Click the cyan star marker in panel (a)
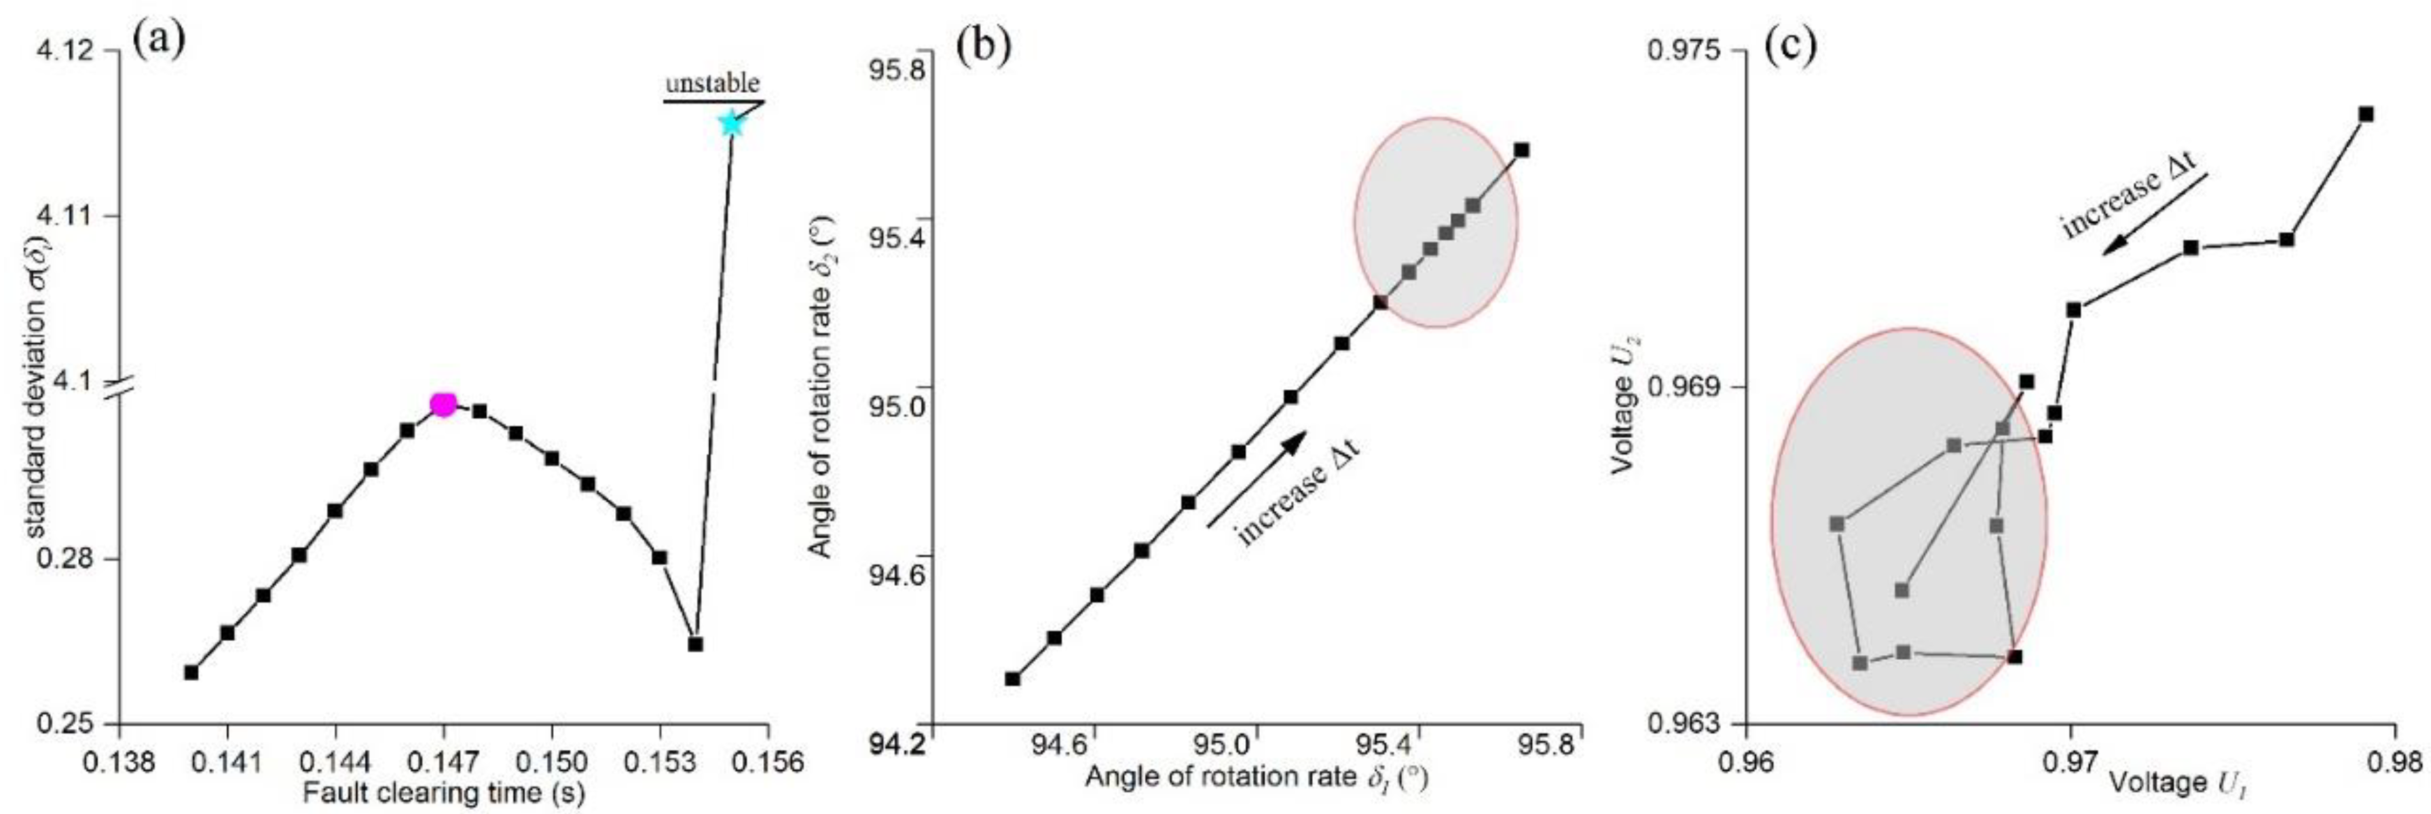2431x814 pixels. coord(730,123)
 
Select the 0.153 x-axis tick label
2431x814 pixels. coord(660,760)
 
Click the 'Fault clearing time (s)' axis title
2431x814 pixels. coord(444,792)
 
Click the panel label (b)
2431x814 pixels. coord(981,46)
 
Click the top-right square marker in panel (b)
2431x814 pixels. coord(1521,150)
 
